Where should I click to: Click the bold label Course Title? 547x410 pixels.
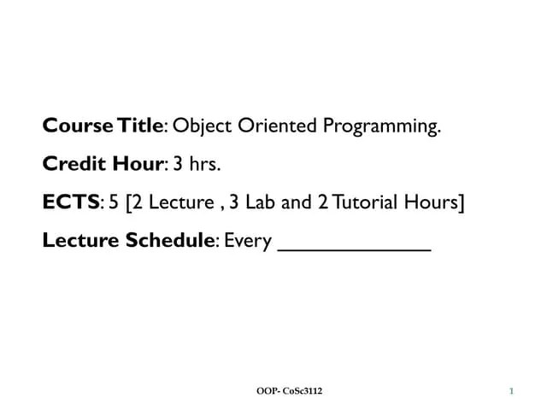click(102, 127)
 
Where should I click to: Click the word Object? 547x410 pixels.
click(201, 127)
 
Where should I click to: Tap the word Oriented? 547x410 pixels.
click(275, 127)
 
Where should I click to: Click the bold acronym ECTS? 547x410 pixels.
click(71, 203)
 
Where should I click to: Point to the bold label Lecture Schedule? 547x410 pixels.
click(127, 241)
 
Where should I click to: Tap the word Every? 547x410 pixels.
click(249, 243)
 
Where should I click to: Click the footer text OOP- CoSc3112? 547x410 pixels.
click(290, 391)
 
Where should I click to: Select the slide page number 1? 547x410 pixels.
click(511, 391)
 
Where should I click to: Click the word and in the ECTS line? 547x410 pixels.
click(296, 203)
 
